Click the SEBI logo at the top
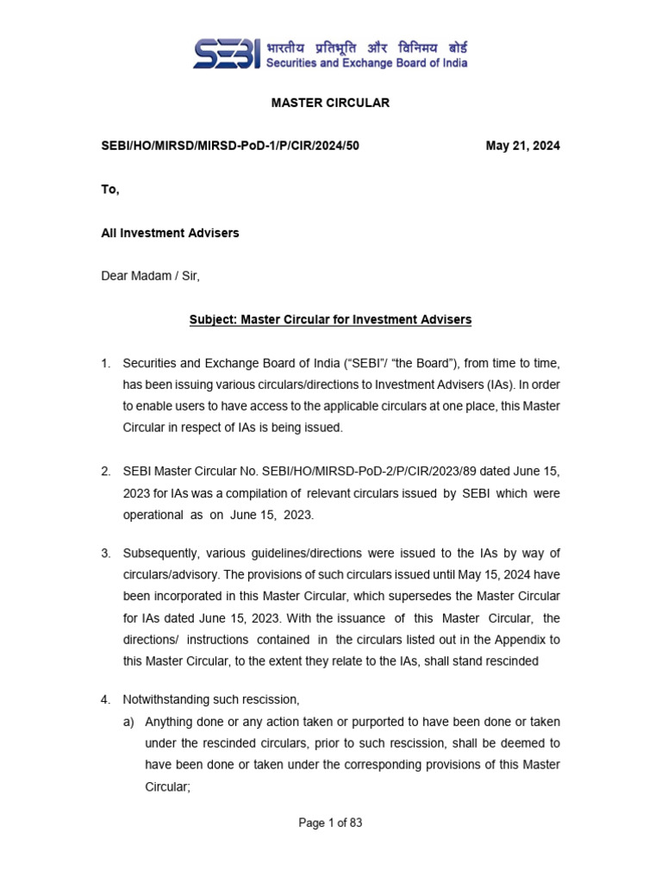click(x=226, y=54)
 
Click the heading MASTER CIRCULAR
click(x=330, y=103)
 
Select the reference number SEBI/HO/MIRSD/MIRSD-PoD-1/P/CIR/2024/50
click(x=230, y=146)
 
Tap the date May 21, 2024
click(x=522, y=146)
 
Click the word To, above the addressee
click(x=110, y=190)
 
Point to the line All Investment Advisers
click(x=170, y=233)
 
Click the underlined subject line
click(x=330, y=320)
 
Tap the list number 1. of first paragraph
click(x=106, y=363)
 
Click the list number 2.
click(x=106, y=471)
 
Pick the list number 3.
click(x=106, y=553)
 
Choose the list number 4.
click(x=106, y=699)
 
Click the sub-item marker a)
click(x=129, y=721)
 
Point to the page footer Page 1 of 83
click(x=330, y=823)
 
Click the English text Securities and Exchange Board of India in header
click(x=366, y=63)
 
